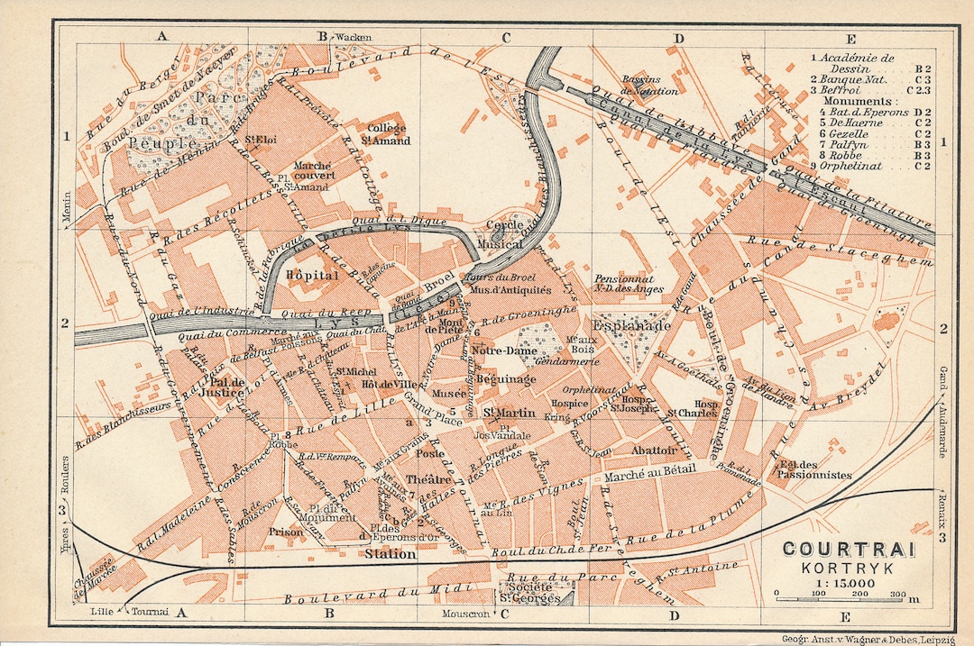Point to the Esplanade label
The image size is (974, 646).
(x=630, y=323)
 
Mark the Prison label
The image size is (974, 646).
(x=285, y=532)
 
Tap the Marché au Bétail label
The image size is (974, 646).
(x=649, y=475)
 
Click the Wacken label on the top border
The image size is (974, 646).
(x=354, y=37)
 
